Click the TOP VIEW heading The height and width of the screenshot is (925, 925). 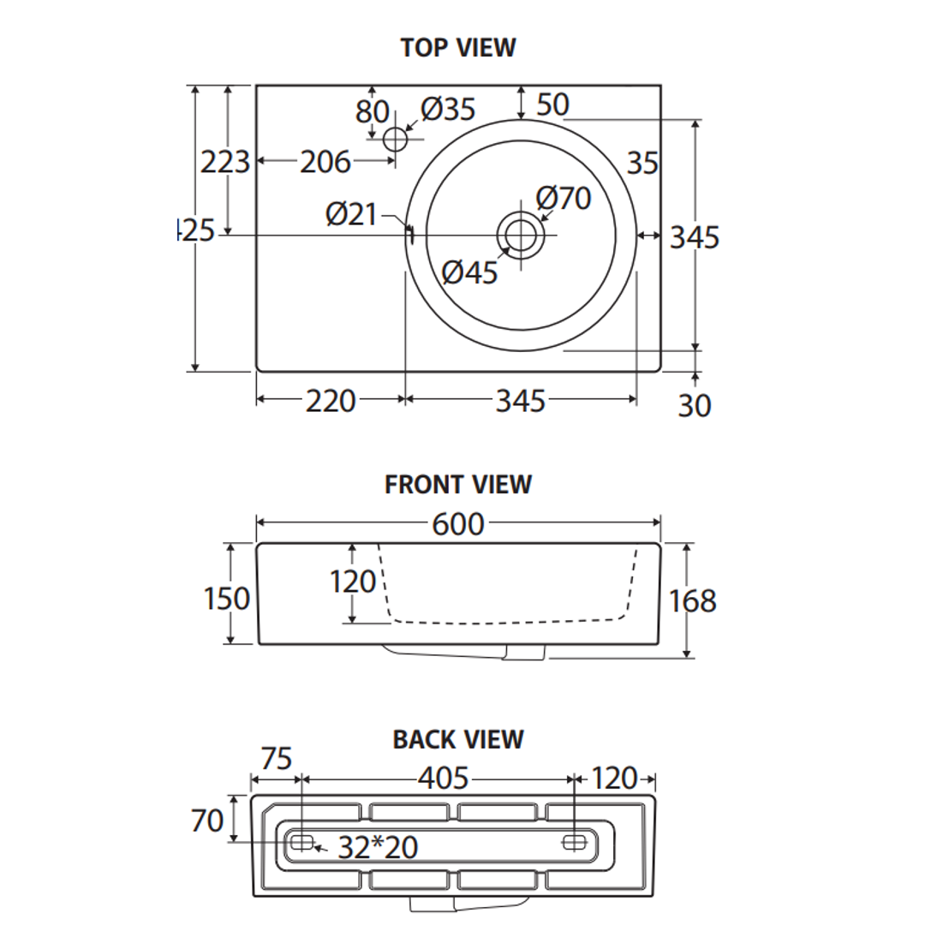click(x=458, y=47)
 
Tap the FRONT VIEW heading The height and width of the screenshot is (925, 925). click(x=458, y=484)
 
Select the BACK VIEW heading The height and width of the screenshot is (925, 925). click(x=458, y=739)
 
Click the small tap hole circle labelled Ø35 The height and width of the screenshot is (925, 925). click(x=395, y=139)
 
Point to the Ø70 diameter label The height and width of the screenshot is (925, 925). click(x=564, y=198)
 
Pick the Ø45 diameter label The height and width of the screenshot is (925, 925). click(x=469, y=272)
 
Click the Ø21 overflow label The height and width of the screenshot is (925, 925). click(x=351, y=213)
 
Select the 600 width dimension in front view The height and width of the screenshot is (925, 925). click(x=458, y=523)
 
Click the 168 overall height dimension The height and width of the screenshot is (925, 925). click(x=692, y=601)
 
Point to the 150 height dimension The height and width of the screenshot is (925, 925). click(x=227, y=599)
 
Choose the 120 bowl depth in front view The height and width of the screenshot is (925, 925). click(x=353, y=582)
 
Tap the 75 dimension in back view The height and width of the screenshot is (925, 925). click(x=276, y=759)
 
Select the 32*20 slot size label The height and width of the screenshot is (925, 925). click(x=378, y=847)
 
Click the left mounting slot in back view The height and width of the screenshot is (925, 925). click(x=301, y=842)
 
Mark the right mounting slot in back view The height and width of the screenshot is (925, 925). click(x=574, y=842)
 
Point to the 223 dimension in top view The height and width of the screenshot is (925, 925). click(x=224, y=161)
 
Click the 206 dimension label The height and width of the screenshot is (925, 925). click(x=325, y=161)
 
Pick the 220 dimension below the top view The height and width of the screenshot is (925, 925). click(x=331, y=400)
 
